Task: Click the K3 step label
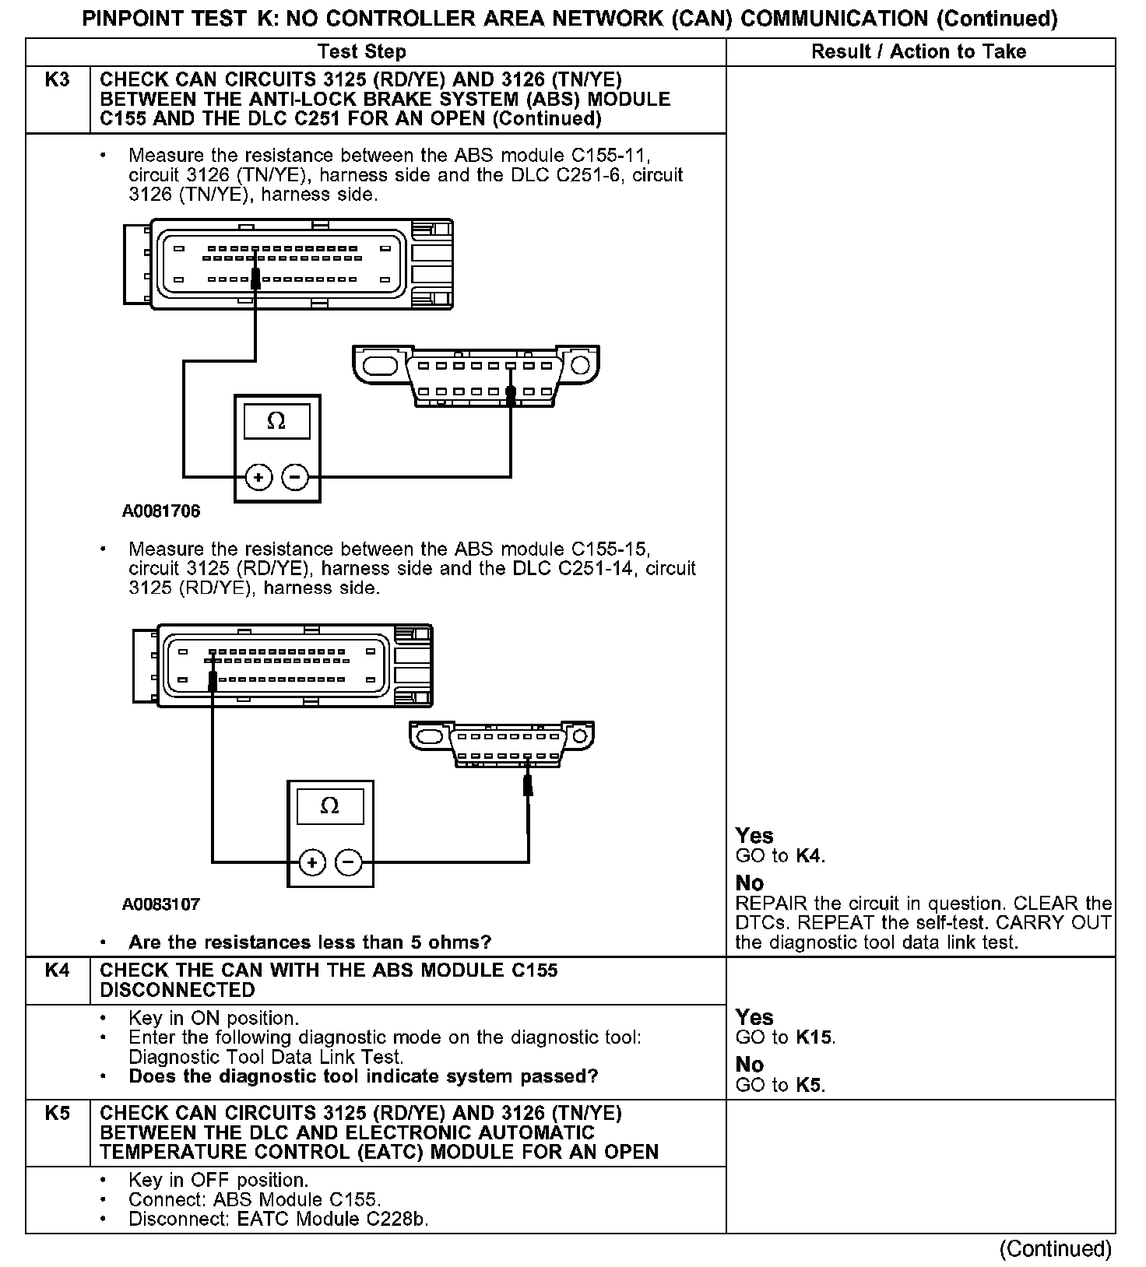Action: tap(58, 80)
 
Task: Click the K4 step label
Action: tap(58, 970)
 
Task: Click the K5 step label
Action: tap(58, 1114)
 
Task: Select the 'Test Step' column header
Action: tap(362, 52)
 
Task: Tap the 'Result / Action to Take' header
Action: tap(919, 52)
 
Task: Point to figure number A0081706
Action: tap(161, 511)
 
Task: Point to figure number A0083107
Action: tap(161, 904)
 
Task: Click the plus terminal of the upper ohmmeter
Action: tap(258, 476)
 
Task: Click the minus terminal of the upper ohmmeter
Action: tap(294, 476)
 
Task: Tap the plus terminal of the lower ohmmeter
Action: tap(312, 862)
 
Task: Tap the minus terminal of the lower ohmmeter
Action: tap(348, 862)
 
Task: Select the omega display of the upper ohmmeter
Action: tap(276, 422)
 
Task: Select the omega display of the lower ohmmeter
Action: tap(329, 806)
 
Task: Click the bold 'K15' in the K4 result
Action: tap(815, 1037)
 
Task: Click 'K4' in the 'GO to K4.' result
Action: tap(809, 856)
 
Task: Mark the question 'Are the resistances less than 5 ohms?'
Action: tap(310, 942)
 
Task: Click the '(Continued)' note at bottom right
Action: tap(1056, 1249)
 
